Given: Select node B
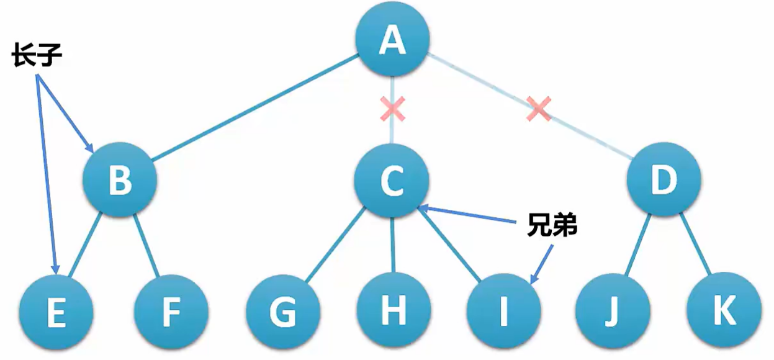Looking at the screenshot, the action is click(x=120, y=180).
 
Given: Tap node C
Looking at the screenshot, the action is click(x=392, y=181).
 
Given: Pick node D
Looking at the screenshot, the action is click(x=664, y=180).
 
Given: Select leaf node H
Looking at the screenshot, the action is click(x=394, y=308).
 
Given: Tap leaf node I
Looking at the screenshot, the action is click(x=503, y=310).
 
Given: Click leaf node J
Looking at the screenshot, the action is click(x=613, y=310).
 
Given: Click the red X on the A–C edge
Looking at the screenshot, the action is click(x=392, y=110).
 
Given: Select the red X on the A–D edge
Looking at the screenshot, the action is click(x=539, y=109).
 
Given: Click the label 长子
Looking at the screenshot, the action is click(x=37, y=57).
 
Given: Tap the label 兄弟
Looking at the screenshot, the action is click(x=552, y=226).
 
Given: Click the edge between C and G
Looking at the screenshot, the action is click(x=335, y=245).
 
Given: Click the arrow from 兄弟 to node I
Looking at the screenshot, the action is click(x=541, y=263).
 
